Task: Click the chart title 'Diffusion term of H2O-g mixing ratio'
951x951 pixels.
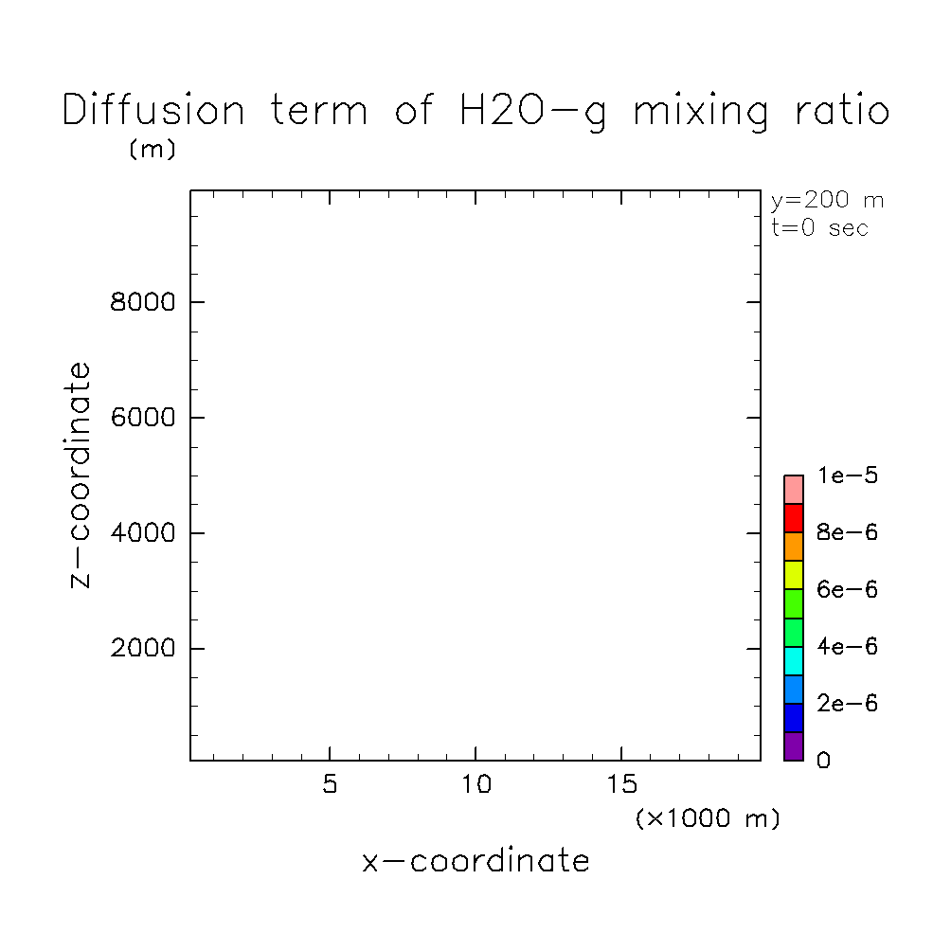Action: (475, 112)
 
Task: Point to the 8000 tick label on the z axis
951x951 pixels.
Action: (144, 303)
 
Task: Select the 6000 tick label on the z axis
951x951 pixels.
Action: (144, 418)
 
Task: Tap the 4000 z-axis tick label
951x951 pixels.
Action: (144, 533)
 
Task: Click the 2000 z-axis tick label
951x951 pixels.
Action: (144, 649)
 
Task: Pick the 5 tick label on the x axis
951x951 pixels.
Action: (329, 786)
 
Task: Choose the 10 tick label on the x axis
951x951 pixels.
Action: (475, 786)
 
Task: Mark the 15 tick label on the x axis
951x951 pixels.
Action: (621, 786)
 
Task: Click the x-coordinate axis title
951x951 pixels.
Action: (475, 861)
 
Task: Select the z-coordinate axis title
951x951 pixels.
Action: (81, 475)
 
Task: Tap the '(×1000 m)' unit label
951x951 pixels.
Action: (708, 818)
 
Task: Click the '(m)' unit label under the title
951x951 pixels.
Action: (152, 150)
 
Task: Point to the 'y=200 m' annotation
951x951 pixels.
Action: (827, 201)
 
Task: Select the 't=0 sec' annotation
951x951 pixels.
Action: (819, 228)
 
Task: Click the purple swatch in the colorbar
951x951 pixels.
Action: (794, 746)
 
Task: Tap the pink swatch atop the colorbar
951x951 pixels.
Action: (794, 490)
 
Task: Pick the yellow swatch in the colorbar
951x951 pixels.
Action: (794, 575)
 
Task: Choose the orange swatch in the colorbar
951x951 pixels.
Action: (794, 547)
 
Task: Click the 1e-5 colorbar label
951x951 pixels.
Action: (848, 475)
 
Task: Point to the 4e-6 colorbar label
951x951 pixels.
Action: (848, 647)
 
